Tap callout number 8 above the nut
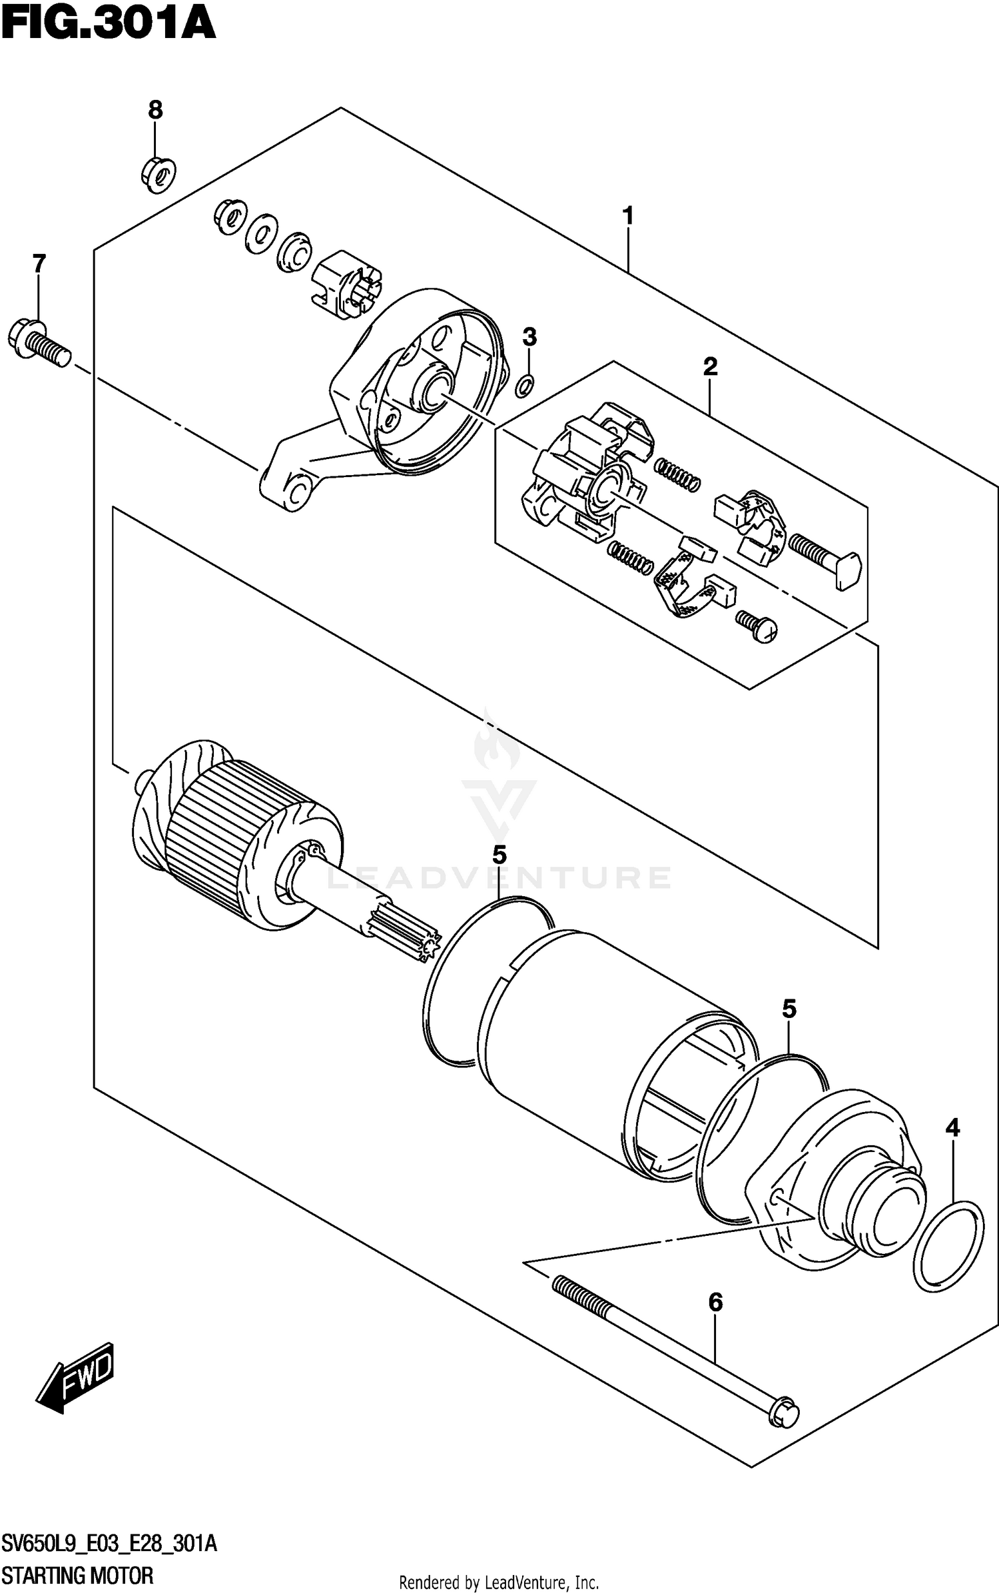(155, 110)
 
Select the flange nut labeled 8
(158, 174)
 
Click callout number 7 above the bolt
(39, 264)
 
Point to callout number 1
(627, 216)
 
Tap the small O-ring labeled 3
(525, 384)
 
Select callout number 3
(529, 337)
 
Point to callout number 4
(953, 1128)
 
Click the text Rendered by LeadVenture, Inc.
(499, 1582)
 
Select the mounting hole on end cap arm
(299, 493)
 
